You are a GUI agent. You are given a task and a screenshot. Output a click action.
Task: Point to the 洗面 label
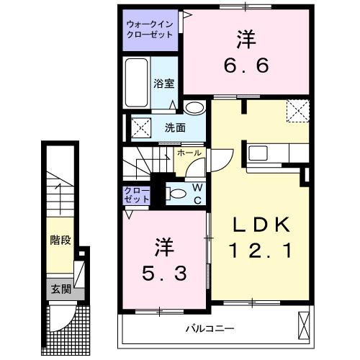point(175,128)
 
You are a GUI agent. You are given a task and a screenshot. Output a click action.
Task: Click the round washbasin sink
point(193,108)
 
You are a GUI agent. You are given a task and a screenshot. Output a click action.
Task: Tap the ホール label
point(189,153)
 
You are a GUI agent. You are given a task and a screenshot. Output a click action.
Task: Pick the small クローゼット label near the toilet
point(136,194)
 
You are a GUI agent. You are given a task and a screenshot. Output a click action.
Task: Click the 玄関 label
point(60,289)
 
